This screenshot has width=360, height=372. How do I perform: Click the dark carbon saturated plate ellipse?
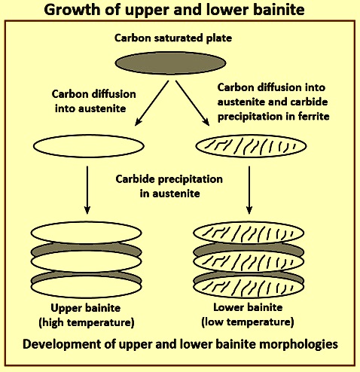(170, 63)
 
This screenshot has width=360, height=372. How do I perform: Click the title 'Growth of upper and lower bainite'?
(174, 10)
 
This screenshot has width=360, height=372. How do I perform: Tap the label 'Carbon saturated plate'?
(173, 38)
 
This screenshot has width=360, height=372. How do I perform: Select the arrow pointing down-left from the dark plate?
(152, 103)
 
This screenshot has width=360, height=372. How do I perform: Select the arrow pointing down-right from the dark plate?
(192, 103)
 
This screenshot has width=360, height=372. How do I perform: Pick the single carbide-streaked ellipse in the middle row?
(251, 146)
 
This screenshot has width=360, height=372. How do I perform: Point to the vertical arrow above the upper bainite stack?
(87, 190)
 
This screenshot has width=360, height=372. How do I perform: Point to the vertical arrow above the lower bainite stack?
(249, 190)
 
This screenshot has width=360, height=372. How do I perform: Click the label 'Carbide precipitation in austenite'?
(169, 186)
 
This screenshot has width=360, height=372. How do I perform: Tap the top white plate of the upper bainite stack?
(86, 233)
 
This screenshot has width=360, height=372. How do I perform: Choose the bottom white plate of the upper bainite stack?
(86, 287)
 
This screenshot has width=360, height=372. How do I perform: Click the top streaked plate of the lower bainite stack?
(249, 233)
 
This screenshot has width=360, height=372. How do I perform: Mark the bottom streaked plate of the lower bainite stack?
(249, 287)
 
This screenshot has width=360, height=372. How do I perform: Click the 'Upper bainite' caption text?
(86, 308)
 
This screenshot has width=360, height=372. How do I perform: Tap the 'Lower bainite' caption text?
(248, 307)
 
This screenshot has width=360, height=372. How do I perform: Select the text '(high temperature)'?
(87, 322)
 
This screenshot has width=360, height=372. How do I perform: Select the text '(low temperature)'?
(248, 322)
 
